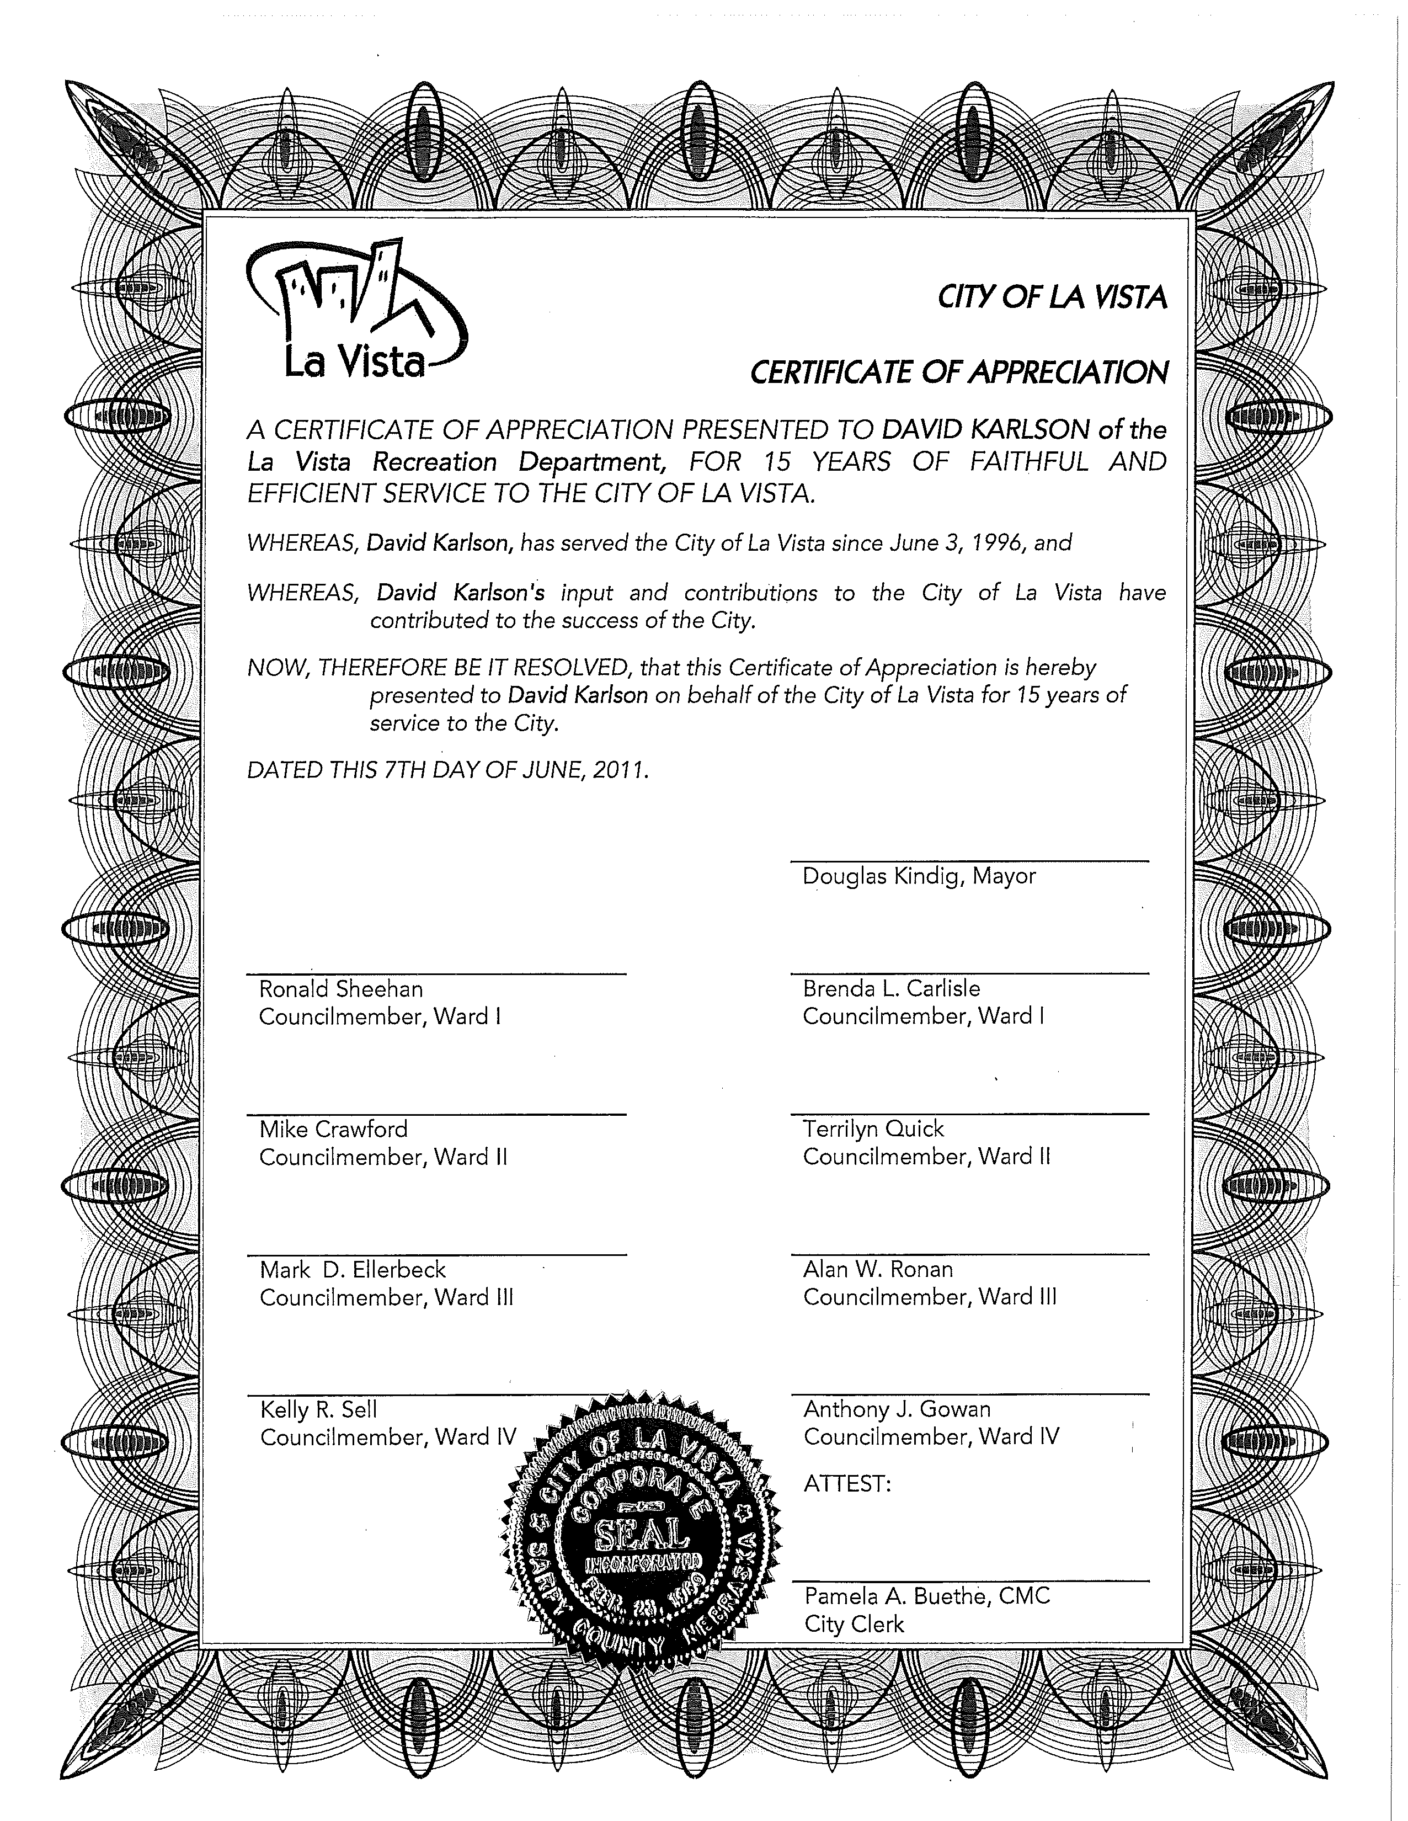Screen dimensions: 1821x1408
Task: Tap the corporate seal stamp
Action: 640,1527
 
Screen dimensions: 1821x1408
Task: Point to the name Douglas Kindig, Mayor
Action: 919,876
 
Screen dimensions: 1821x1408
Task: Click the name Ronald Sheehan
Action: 341,989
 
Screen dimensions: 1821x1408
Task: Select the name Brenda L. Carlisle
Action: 891,988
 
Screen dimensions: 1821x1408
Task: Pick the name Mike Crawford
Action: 333,1129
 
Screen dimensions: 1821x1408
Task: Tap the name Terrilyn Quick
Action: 873,1129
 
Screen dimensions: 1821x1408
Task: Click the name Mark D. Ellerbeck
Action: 353,1269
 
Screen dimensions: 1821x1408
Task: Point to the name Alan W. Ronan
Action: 878,1269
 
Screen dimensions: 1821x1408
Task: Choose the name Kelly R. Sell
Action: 318,1409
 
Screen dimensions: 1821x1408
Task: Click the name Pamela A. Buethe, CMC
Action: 926,1596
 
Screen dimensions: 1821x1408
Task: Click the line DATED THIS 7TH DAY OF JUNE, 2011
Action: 447,770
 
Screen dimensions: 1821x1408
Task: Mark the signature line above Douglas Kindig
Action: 969,860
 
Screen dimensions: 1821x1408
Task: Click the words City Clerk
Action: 854,1624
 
